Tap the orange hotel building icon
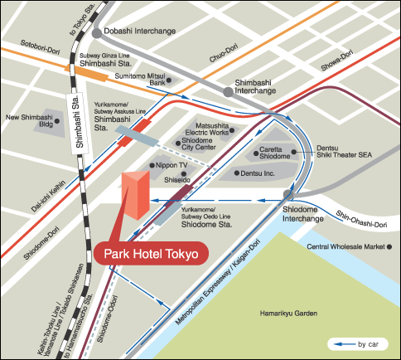136,199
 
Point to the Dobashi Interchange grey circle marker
98,33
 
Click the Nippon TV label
174,165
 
